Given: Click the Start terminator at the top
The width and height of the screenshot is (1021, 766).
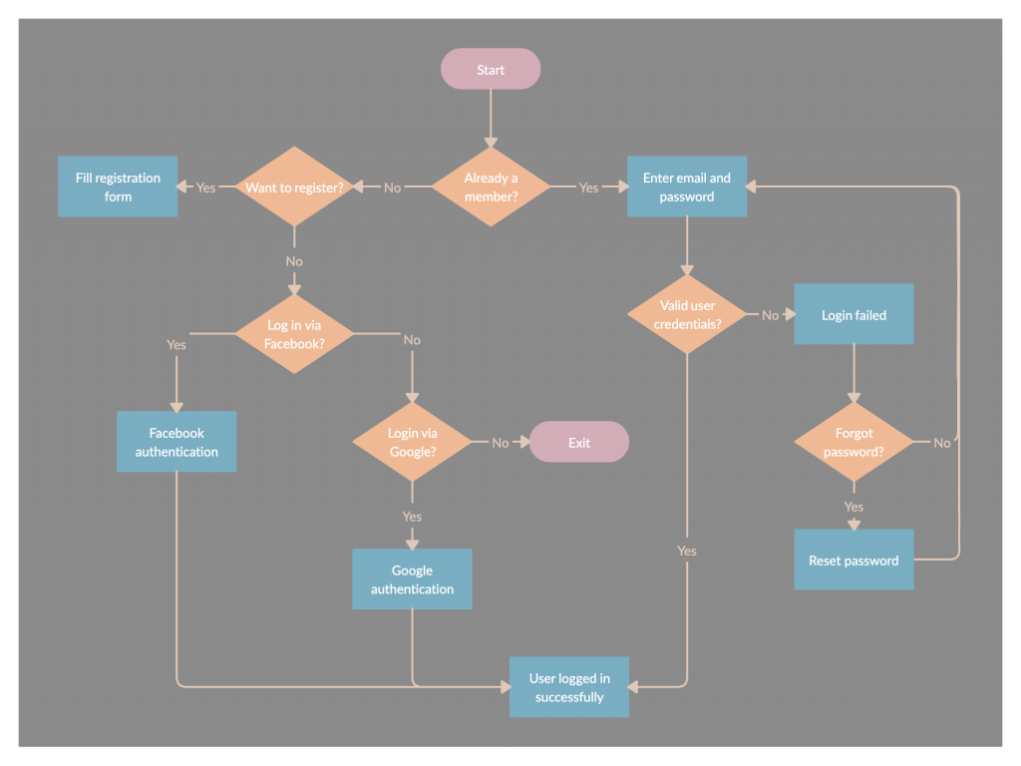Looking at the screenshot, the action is click(x=491, y=69).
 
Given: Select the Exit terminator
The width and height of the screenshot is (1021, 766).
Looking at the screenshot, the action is click(x=579, y=442).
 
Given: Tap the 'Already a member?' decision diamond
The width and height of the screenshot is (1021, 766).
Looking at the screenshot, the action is click(x=491, y=187).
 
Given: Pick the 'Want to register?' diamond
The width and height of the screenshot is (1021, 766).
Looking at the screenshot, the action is click(x=294, y=187).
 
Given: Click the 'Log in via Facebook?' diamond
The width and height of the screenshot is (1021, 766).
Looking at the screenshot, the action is click(x=294, y=333).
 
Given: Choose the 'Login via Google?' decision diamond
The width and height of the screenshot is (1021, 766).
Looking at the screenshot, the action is click(x=412, y=442).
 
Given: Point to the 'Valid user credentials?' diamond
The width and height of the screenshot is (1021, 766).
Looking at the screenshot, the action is click(x=687, y=314).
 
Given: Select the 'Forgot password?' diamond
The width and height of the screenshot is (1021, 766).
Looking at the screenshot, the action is click(x=853, y=442).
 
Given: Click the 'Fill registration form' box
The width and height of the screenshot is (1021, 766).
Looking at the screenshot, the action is click(x=118, y=187).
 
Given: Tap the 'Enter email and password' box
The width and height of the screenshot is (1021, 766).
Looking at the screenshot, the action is click(x=687, y=187).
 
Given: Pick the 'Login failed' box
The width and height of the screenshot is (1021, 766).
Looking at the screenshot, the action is click(x=853, y=314).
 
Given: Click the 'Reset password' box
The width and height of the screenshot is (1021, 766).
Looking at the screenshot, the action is click(x=853, y=560).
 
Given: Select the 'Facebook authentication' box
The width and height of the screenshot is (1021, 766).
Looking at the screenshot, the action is click(x=176, y=442).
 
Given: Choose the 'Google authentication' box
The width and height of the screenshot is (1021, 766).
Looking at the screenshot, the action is click(x=412, y=579).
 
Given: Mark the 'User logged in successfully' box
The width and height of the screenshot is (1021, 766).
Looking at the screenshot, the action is click(x=569, y=687).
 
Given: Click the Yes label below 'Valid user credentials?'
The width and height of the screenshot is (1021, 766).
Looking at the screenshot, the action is click(x=687, y=551).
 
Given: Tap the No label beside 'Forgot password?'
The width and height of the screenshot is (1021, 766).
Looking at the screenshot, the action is click(x=941, y=443).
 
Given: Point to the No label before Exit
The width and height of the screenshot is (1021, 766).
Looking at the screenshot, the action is click(x=501, y=443).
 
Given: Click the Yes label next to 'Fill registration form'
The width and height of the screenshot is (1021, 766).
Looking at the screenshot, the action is click(x=205, y=188).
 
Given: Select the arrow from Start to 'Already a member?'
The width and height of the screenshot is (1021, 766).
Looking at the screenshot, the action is click(x=491, y=118).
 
